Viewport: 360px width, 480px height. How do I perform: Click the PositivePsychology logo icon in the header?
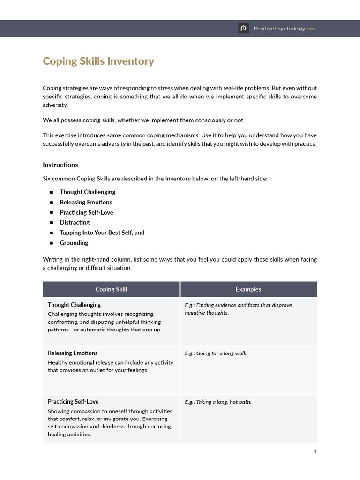243,29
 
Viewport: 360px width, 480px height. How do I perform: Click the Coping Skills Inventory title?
98,61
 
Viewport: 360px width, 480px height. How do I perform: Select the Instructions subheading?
60,165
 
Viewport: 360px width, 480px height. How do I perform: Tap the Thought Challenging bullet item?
88,192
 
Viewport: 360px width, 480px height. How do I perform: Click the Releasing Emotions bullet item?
86,202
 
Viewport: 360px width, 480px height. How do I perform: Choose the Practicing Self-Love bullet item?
86,212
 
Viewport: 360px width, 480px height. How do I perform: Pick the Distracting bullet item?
75,223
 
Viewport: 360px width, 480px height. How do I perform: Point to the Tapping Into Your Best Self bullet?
97,233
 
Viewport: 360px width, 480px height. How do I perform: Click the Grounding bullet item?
74,243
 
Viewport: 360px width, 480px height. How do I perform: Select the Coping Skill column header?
111,289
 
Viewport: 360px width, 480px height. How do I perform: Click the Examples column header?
248,289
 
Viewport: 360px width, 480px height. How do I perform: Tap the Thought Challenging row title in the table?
74,305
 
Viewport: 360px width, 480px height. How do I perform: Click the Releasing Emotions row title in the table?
73,353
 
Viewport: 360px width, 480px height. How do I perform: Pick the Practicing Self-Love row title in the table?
73,402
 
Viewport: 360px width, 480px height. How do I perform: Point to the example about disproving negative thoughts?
238,308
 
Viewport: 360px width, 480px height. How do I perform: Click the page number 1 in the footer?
315,451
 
